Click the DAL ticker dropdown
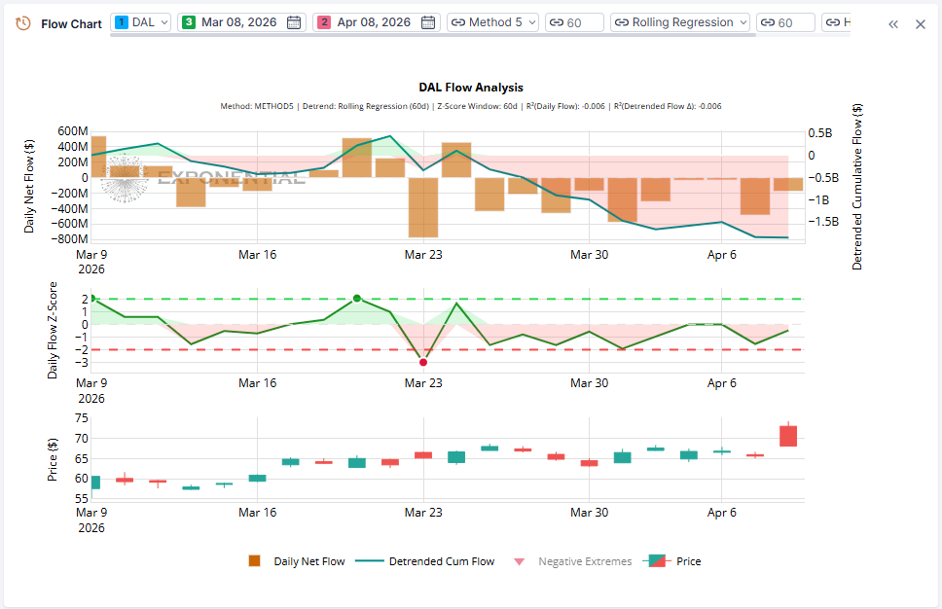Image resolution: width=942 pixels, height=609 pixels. tap(142, 22)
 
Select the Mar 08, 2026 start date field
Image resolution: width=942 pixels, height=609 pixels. tap(241, 22)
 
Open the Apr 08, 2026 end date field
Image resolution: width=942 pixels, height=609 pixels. tap(375, 22)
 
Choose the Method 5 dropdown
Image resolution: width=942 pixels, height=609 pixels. tap(492, 22)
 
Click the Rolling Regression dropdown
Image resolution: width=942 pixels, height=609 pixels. tap(680, 22)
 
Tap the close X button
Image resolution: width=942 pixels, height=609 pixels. tap(920, 24)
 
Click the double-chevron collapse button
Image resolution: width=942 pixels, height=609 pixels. tap(892, 24)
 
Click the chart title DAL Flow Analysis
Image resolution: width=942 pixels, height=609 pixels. tap(471, 88)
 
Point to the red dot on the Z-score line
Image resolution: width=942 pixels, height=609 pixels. tap(422, 362)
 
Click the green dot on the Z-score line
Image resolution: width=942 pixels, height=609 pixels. tap(356, 298)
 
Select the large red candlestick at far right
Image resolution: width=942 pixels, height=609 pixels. tap(788, 435)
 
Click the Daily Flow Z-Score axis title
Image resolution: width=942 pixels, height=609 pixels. tap(54, 331)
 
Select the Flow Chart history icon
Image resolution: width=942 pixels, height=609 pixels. tap(23, 23)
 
